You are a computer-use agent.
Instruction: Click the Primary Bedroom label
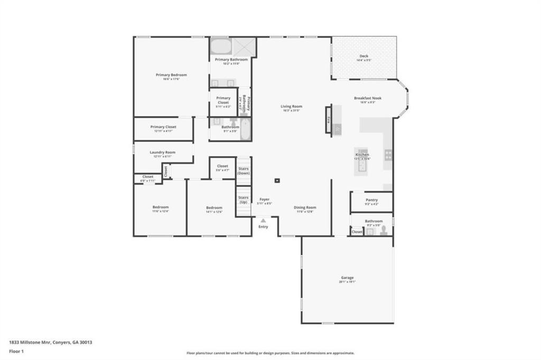tap(171, 75)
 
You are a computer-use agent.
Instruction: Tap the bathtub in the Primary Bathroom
tap(221, 46)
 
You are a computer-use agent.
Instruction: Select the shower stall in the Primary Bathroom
tap(244, 46)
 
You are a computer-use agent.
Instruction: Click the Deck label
tap(363, 56)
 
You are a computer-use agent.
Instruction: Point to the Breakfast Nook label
tap(368, 98)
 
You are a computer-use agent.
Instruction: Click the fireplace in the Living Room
tap(328, 120)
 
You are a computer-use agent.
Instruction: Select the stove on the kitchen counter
tap(388, 155)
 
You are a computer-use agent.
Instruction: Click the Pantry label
tap(371, 200)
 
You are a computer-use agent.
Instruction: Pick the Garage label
tap(347, 278)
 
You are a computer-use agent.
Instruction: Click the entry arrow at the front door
tap(263, 221)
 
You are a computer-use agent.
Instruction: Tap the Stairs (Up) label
tap(244, 200)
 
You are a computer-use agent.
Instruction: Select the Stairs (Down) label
tap(244, 170)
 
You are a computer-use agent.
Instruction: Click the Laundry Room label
tap(164, 152)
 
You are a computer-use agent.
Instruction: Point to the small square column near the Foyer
tap(277, 181)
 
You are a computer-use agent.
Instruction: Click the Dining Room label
tap(305, 207)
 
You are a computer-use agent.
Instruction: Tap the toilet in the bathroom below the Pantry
tap(384, 231)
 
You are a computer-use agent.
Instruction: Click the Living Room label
tap(291, 107)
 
